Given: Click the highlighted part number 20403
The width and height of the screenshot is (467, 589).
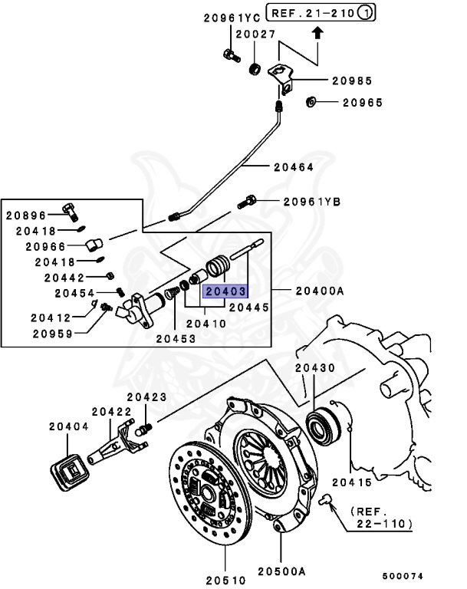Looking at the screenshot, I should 224,291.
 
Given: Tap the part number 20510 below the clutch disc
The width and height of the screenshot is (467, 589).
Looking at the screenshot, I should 225,571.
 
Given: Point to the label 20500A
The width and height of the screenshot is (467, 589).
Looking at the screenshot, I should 281,571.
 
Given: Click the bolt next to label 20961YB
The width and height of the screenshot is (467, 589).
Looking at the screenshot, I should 251,202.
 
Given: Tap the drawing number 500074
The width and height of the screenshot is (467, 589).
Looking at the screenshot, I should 403,575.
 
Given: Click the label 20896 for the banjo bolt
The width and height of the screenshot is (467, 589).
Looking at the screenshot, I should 27,216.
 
